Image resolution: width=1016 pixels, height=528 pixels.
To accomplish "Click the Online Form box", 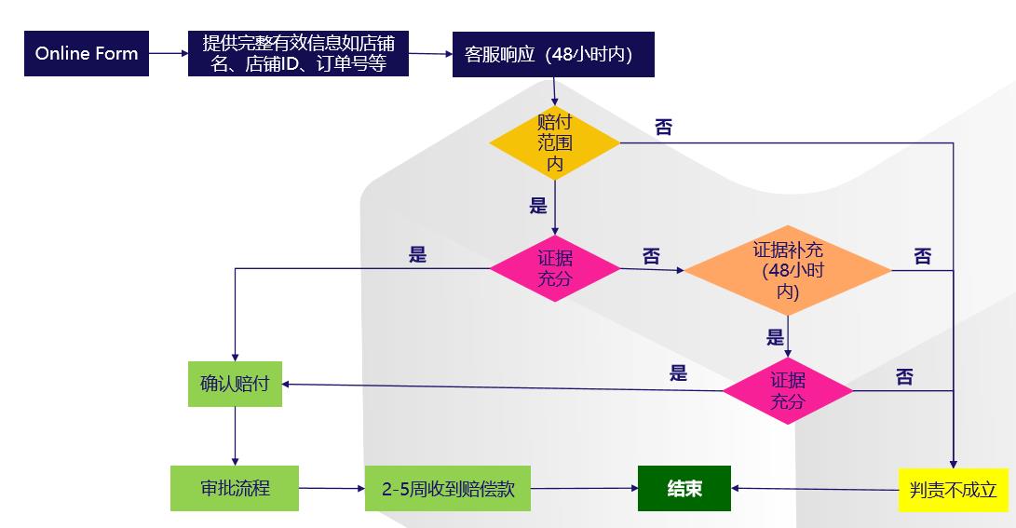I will (87, 53).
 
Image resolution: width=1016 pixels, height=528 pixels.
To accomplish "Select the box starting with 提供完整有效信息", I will (298, 54).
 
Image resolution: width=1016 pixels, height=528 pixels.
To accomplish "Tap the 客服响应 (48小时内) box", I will (553, 54).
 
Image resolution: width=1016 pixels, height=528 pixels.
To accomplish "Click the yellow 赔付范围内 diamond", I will (554, 142).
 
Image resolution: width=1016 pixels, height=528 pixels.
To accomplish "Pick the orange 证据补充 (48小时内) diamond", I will (788, 271).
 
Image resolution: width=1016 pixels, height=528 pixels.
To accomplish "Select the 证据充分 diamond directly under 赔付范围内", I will (554, 268).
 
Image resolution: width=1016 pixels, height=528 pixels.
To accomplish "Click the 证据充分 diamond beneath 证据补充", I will (788, 391).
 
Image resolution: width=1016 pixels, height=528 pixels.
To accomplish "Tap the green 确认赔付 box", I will (235, 384).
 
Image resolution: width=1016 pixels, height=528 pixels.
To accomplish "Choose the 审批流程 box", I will (235, 488).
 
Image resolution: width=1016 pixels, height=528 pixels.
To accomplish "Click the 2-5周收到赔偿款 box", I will (447, 489).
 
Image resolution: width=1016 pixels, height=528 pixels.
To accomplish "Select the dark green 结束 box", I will (684, 488).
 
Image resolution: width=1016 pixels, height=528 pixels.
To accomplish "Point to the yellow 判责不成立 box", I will (953, 489).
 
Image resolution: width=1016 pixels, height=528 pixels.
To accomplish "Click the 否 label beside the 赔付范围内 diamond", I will (663, 128).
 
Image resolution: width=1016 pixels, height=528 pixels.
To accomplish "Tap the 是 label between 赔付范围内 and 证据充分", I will (538, 206).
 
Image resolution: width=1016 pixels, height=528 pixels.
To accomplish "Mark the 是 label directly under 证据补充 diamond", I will (775, 337).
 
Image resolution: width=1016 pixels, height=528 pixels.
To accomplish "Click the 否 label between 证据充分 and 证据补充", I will (651, 256).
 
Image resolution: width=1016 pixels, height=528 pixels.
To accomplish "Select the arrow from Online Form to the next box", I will (169, 53).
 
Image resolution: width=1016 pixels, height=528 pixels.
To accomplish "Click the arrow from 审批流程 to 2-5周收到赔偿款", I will (332, 488).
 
